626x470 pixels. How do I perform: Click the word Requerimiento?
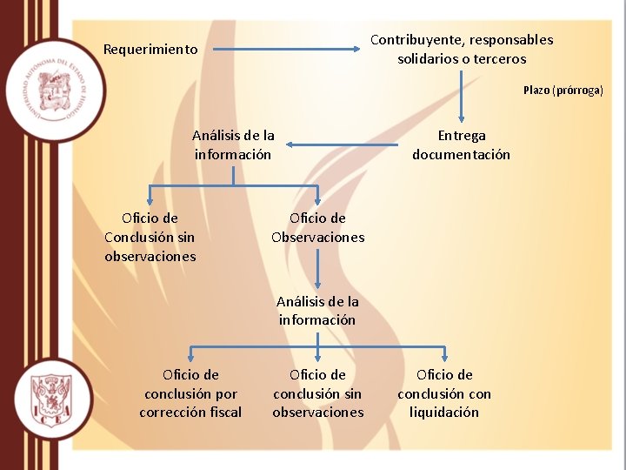coord(150,50)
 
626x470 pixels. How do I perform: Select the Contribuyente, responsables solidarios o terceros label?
coord(462,49)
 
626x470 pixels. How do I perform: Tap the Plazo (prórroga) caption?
coord(563,91)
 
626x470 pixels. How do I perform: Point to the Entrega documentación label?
coord(461,144)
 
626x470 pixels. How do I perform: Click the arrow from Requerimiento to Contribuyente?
coord(287,50)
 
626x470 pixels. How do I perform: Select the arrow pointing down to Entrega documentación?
coord(462,96)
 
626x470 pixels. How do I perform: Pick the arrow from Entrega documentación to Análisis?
coord(343,144)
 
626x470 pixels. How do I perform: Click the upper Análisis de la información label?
coord(233,144)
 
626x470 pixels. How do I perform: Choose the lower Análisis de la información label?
coord(317,311)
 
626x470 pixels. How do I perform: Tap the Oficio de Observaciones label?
coord(317,228)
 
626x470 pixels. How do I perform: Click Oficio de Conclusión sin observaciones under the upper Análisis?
coord(150,237)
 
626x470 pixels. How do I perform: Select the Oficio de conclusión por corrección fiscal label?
coord(190,393)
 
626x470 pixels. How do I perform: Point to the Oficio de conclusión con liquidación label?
coord(444,393)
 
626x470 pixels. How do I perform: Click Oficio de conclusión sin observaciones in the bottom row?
coord(317,393)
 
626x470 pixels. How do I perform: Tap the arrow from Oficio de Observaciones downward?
coord(317,270)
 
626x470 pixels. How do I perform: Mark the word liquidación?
coord(444,413)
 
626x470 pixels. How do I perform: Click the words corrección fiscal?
coord(190,413)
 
